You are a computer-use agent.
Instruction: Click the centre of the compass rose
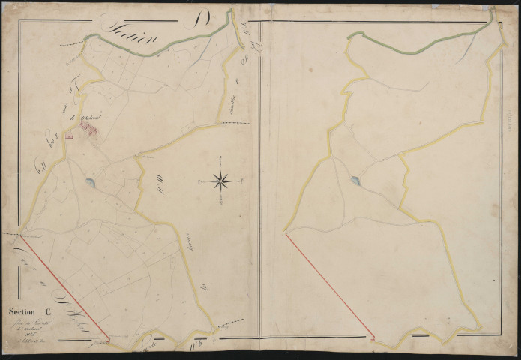pos(221,180)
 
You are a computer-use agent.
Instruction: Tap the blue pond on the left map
pos(90,183)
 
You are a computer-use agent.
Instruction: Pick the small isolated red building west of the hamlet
pos(69,136)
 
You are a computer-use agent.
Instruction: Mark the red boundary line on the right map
pos(330,285)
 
